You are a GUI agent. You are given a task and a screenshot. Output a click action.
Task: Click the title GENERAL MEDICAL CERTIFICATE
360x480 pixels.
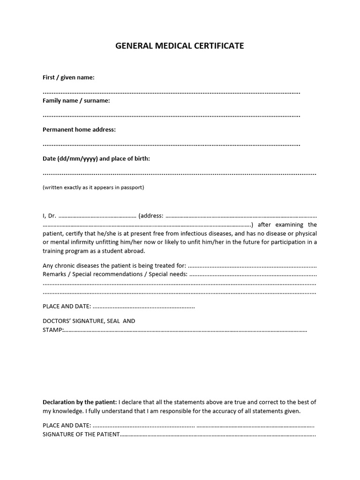click(x=180, y=46)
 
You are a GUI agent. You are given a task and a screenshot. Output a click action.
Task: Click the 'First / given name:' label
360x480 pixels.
click(x=68, y=77)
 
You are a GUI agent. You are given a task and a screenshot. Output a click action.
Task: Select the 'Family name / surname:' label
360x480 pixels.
click(x=76, y=101)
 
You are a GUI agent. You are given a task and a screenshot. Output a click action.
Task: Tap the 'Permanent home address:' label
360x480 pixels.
click(x=79, y=129)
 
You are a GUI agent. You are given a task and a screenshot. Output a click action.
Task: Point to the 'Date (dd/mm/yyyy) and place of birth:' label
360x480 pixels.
click(x=96, y=158)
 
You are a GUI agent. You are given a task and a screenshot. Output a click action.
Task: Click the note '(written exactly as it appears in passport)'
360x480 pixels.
click(x=93, y=187)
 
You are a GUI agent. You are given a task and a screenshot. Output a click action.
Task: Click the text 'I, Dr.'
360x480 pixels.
click(x=49, y=216)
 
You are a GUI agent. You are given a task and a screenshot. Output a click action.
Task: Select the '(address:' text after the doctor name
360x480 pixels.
click(x=151, y=216)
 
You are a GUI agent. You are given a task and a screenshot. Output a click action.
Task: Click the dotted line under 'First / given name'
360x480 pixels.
click(x=172, y=92)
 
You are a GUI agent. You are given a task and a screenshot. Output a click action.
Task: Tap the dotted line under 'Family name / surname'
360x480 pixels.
click(x=172, y=116)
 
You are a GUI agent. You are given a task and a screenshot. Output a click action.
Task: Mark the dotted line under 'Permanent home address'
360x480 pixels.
click(x=172, y=145)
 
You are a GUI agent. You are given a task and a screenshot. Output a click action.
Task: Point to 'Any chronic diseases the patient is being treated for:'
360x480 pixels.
click(x=114, y=265)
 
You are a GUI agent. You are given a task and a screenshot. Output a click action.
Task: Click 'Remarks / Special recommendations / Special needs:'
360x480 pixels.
click(x=115, y=274)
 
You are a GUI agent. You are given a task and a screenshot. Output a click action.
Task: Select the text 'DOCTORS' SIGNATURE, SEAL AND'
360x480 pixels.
click(x=89, y=321)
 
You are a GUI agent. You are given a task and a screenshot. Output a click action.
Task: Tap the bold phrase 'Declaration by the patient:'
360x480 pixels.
click(x=80, y=402)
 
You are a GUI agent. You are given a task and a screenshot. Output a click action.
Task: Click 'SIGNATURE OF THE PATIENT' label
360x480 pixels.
click(x=81, y=435)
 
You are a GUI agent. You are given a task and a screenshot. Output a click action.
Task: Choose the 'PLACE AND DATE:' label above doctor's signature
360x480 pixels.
click(x=67, y=307)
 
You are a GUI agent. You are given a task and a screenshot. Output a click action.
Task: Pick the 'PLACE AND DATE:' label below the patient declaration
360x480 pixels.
click(x=67, y=426)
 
